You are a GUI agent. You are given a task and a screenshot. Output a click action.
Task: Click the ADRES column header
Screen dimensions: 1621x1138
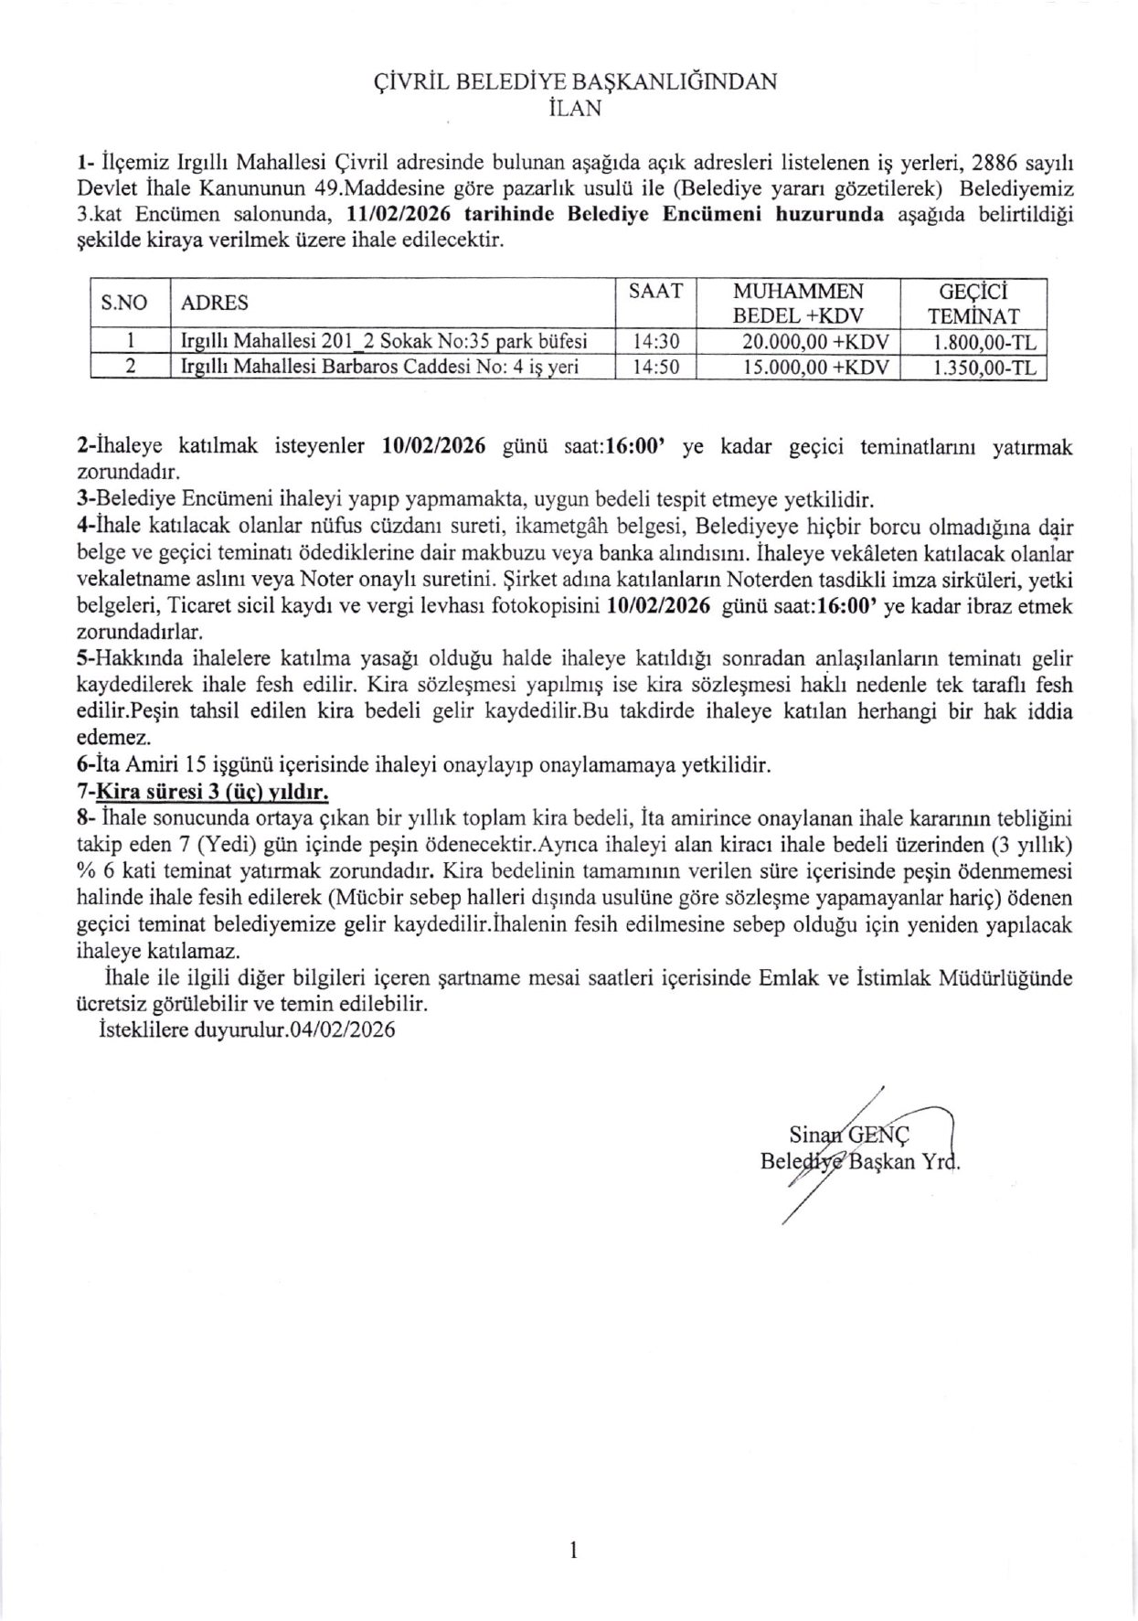215,303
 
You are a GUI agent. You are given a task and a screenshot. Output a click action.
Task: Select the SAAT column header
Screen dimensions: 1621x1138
655,291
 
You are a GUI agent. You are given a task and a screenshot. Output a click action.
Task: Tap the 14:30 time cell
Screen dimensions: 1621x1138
655,342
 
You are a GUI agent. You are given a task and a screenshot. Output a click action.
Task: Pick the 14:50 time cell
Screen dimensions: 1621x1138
655,368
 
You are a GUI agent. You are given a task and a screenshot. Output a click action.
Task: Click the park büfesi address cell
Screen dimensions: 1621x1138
384,342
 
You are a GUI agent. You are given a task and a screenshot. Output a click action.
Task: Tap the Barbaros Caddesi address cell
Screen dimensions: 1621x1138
380,368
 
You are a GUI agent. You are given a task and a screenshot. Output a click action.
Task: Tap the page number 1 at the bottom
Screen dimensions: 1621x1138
573,1549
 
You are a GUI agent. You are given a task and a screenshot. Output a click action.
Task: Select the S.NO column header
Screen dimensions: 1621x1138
124,303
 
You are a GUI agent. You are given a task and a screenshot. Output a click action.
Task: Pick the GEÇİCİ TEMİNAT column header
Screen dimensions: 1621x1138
973,304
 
